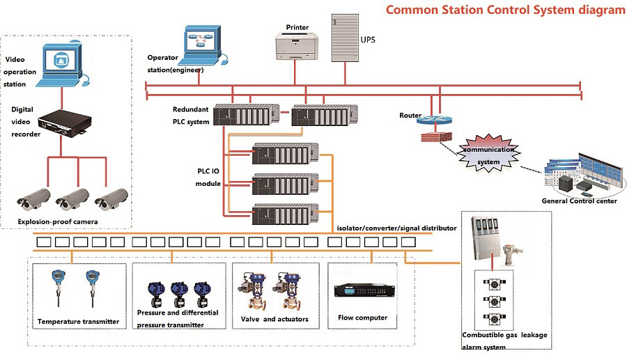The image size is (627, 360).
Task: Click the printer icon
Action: (x=297, y=47)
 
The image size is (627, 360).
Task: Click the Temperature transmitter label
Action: (x=79, y=322)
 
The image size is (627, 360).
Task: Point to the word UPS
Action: (x=368, y=40)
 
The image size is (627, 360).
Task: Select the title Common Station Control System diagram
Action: (x=505, y=10)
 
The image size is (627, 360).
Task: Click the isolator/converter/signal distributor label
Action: (x=396, y=228)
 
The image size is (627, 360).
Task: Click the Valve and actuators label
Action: (x=274, y=320)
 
